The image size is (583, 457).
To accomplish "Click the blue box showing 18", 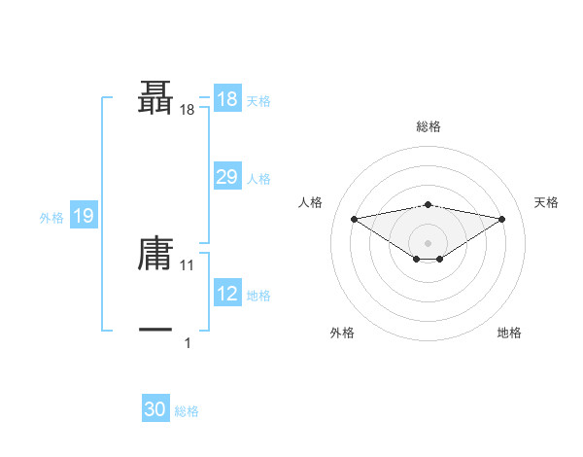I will pyautogui.click(x=226, y=99).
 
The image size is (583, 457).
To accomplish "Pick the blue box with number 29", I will pyautogui.click(x=226, y=177).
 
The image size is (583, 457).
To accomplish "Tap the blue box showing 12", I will pyautogui.click(x=226, y=294).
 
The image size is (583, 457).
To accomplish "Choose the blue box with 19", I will pyautogui.click(x=84, y=216).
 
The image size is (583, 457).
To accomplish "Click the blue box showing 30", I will pyautogui.click(x=155, y=409).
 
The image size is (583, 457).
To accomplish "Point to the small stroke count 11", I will pyautogui.click(x=188, y=264).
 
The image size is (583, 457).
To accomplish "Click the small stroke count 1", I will pyautogui.click(x=188, y=342).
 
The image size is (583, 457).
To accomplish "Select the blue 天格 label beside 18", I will pyautogui.click(x=258, y=101).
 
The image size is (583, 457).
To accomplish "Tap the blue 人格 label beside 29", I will pyautogui.click(x=258, y=179).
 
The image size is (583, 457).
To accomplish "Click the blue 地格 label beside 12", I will pyautogui.click(x=258, y=296).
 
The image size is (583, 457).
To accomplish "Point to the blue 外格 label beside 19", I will pyautogui.click(x=51, y=218).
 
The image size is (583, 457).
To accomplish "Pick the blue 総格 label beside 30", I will pyautogui.click(x=187, y=411).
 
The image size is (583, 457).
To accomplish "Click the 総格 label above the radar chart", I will pyautogui.click(x=428, y=126).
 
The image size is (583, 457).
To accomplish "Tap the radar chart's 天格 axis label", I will pyautogui.click(x=546, y=202).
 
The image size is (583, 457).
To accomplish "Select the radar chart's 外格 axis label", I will pyautogui.click(x=342, y=333).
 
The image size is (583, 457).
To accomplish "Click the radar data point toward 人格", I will pyautogui.click(x=354, y=218).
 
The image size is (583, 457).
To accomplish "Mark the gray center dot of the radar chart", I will pyautogui.click(x=428, y=242).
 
